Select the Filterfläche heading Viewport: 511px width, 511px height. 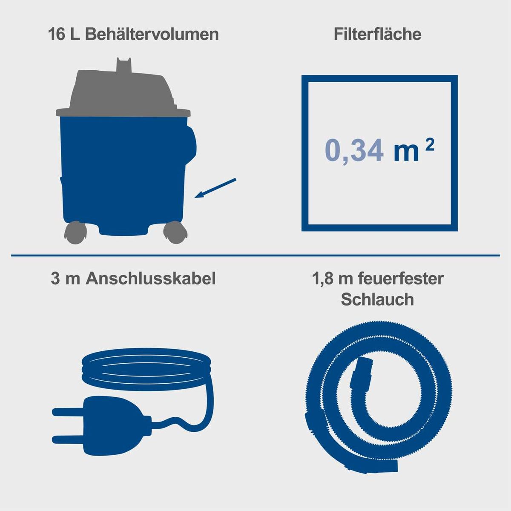tap(377, 34)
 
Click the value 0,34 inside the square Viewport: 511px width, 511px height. tap(353, 151)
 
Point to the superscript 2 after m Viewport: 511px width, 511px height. tap(430, 145)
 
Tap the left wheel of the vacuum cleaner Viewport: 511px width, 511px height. tap(75, 233)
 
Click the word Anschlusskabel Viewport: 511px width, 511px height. tap(150, 278)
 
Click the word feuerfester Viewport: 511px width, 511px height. tap(400, 278)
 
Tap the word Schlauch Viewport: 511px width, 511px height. tap(377, 299)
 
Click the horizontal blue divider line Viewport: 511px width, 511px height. tap(255, 255)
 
